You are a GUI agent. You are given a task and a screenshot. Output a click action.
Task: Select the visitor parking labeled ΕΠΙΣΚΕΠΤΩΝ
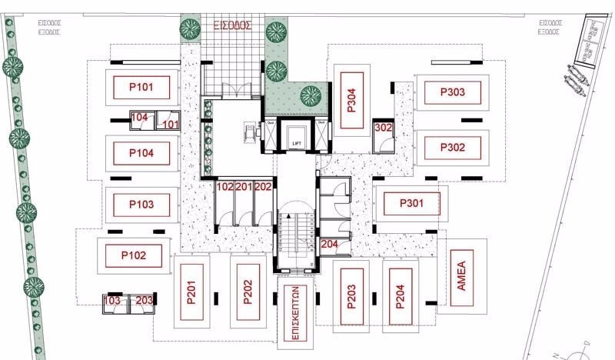point(295,313)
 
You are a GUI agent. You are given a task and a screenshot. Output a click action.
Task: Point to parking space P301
point(411,205)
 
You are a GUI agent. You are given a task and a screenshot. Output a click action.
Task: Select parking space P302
point(453,147)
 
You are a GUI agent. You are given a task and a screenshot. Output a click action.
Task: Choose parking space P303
point(453,92)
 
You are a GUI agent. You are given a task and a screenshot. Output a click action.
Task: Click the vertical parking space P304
point(351,99)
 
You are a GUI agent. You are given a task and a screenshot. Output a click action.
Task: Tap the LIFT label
point(296,144)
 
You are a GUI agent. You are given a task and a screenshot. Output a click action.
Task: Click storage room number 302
point(383,128)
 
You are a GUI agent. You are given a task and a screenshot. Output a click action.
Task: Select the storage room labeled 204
point(329,244)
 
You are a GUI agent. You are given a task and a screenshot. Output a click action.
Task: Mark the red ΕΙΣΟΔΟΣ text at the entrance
point(233,25)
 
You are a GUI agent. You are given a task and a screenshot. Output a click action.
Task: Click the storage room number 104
point(138,118)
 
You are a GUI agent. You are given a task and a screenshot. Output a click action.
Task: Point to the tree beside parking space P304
point(311,95)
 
